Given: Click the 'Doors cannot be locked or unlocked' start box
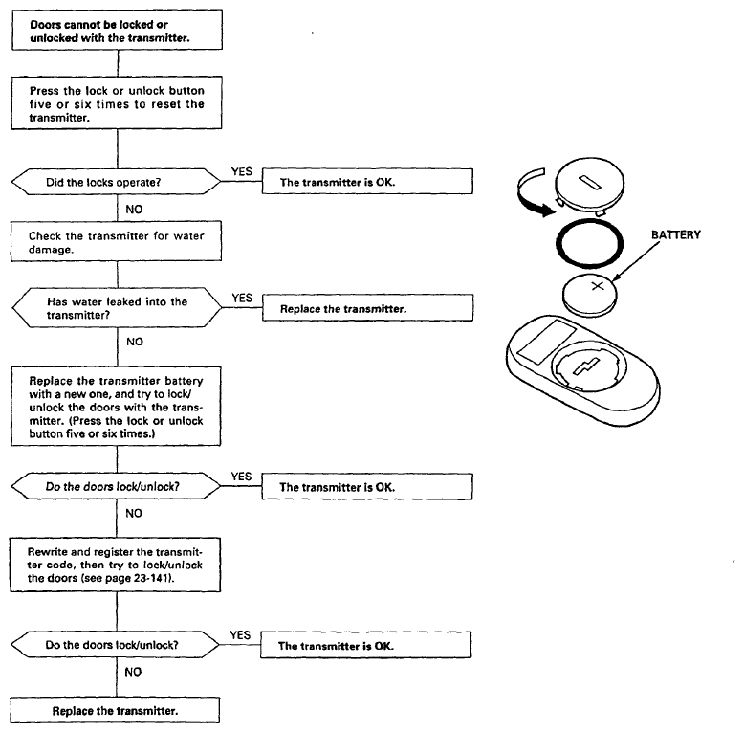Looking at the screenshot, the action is (x=118, y=30).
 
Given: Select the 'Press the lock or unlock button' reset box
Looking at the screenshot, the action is (x=117, y=102).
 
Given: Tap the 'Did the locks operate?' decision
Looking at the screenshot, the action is (x=117, y=182).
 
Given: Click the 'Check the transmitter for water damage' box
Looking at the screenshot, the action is (x=117, y=241).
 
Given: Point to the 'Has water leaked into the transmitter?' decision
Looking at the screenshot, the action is (x=118, y=307).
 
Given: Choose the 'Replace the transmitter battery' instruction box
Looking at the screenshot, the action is (x=117, y=406).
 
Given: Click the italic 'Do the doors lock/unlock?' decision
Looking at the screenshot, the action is (x=117, y=486).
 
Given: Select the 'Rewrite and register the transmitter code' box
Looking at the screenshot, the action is (x=116, y=565).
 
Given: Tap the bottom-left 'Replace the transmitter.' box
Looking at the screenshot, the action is (x=115, y=710).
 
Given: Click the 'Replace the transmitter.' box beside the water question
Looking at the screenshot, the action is (x=368, y=307).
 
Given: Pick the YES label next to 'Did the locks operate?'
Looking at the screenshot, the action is (x=242, y=171).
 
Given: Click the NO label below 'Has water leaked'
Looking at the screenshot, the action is (x=135, y=342).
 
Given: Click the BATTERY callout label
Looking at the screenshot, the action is (x=676, y=234).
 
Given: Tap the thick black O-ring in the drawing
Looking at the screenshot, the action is (x=589, y=221).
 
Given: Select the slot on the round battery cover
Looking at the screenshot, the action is (x=590, y=182).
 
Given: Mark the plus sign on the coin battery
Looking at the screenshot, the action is (x=598, y=285).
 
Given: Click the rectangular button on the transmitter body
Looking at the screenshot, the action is (x=547, y=342).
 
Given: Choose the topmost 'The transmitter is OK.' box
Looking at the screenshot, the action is (x=367, y=181).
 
